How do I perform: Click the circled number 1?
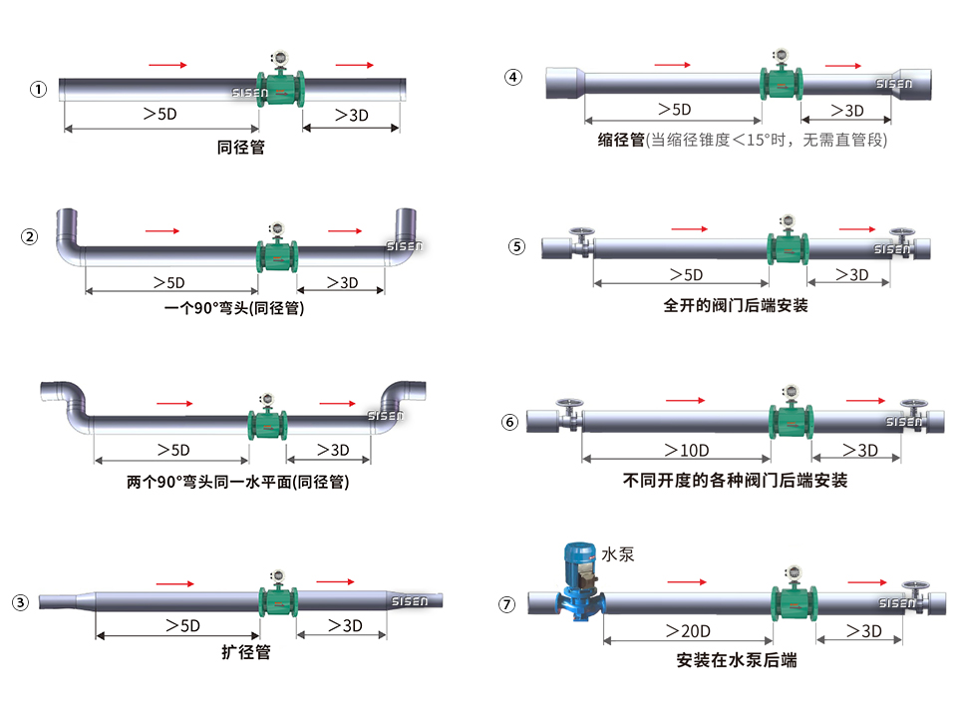(38, 90)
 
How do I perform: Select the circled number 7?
(508, 604)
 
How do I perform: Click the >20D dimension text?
(687, 630)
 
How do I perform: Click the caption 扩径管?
(245, 653)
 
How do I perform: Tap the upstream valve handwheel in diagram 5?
(579, 237)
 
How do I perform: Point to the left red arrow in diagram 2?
(162, 231)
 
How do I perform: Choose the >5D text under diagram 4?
(674, 110)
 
